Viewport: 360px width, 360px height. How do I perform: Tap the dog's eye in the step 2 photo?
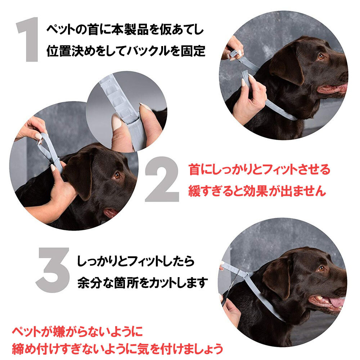tap(117, 175)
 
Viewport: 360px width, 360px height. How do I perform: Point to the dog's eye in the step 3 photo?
tap(321, 268)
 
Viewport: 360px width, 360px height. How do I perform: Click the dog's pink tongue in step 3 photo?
tap(337, 302)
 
